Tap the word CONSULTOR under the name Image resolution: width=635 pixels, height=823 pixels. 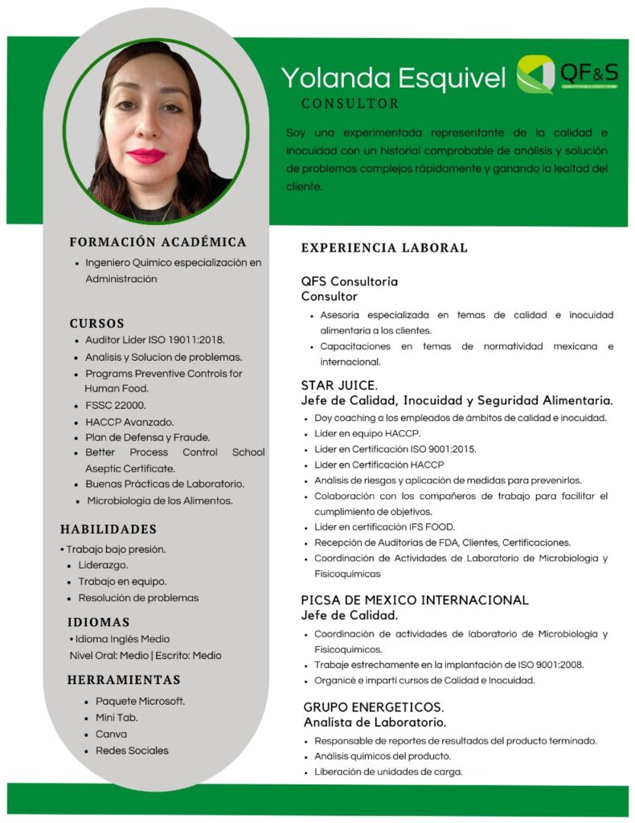[350, 104]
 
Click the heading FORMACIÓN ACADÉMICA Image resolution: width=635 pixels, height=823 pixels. [158, 242]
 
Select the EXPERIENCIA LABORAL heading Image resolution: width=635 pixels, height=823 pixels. [384, 248]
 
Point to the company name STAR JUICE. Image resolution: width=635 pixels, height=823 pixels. [339, 385]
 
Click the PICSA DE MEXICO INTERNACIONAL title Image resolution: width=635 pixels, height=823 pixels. [415, 600]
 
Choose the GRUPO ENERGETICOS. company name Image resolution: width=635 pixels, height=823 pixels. [374, 707]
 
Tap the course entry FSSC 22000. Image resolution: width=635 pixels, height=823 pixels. [116, 405]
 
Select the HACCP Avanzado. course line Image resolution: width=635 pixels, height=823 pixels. [129, 421]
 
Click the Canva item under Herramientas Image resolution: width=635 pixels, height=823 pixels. [111, 734]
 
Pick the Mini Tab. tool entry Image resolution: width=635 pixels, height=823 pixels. [117, 718]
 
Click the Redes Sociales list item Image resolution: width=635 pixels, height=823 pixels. [132, 751]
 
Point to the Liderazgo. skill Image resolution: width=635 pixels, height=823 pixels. [104, 566]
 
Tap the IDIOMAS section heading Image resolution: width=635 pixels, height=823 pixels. [98, 622]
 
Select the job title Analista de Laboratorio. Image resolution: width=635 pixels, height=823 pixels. [375, 723]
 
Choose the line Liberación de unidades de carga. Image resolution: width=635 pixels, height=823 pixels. [388, 772]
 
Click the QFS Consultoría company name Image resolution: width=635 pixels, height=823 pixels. [350, 282]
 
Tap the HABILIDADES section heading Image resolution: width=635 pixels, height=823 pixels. [109, 529]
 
